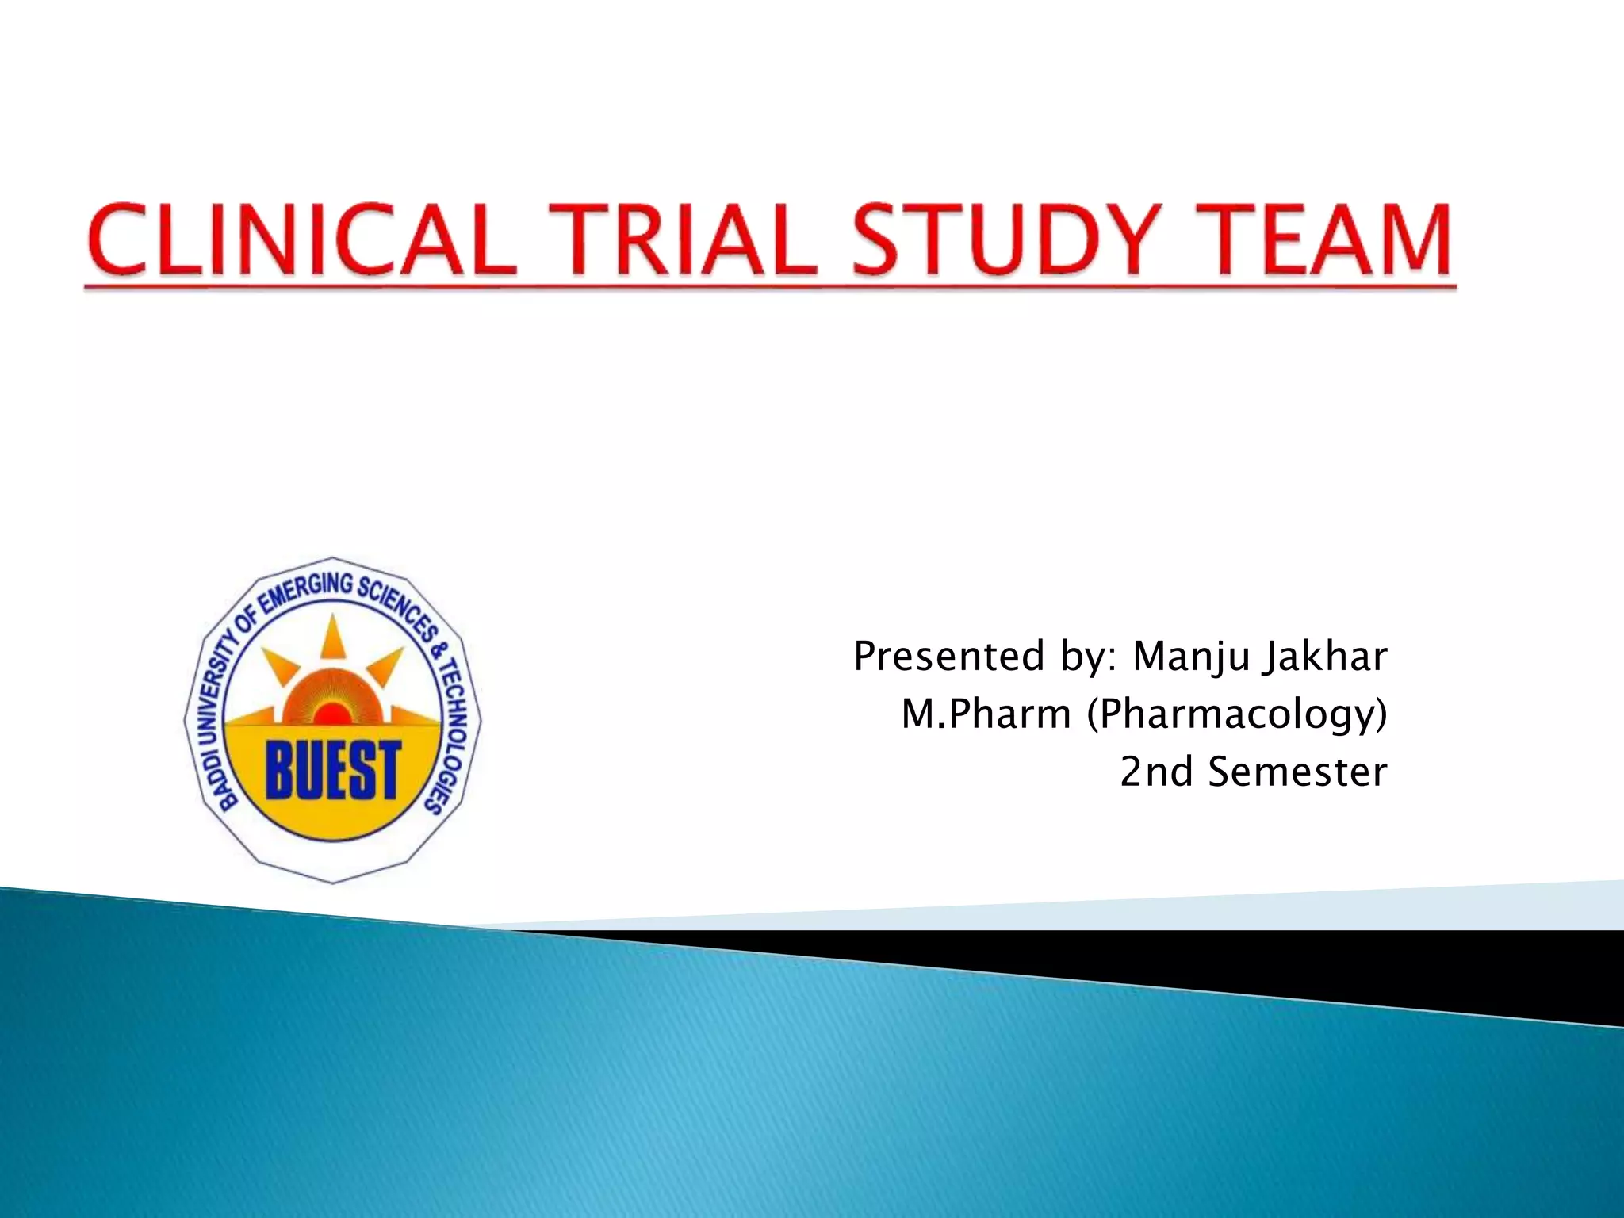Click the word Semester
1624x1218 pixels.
pyautogui.click(x=1297, y=772)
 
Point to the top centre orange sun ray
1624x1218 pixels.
pyautogui.click(x=333, y=638)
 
